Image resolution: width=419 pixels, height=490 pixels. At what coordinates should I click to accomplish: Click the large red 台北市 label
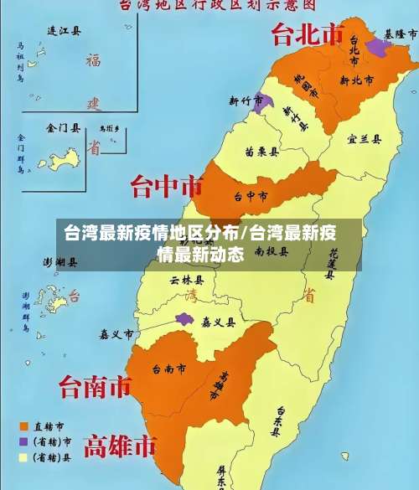(308, 35)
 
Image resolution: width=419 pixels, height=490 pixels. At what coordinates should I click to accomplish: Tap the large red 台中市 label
(167, 183)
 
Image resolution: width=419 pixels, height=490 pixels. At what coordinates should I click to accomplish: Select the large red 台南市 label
(95, 386)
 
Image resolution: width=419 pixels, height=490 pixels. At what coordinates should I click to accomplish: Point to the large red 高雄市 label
(122, 444)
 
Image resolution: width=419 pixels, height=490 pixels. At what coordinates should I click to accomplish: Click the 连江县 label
(65, 32)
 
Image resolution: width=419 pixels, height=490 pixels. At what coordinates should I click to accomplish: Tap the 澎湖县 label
(60, 262)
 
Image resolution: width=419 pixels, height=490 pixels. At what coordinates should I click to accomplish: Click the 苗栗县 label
(262, 152)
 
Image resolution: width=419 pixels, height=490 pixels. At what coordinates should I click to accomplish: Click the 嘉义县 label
(218, 321)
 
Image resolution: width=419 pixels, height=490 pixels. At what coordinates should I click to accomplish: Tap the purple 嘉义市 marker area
(184, 319)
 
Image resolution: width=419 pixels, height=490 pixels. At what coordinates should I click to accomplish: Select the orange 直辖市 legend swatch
(24, 426)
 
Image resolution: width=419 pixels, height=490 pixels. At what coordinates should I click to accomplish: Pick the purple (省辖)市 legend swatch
(24, 441)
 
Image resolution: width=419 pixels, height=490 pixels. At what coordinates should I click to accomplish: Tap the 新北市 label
(356, 80)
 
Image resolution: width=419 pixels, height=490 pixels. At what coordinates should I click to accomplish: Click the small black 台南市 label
(168, 369)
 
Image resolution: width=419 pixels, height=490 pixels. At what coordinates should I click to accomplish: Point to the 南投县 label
(271, 250)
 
